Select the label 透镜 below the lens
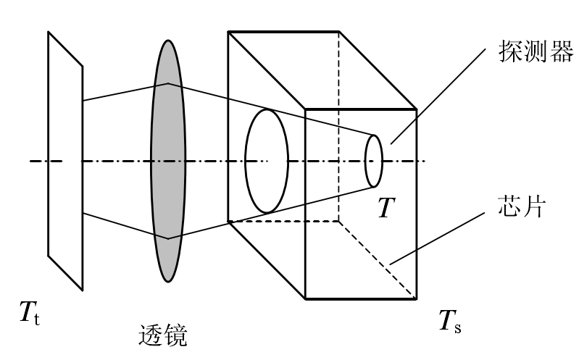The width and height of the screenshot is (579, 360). coord(162,335)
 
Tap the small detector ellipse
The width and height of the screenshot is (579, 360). coord(373,160)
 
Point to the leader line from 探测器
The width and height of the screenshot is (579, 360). coord(438,95)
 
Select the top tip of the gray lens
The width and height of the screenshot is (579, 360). coord(168,41)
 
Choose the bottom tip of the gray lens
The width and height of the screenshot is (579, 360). coord(168,280)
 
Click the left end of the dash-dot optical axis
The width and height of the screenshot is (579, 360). coord(31,161)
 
